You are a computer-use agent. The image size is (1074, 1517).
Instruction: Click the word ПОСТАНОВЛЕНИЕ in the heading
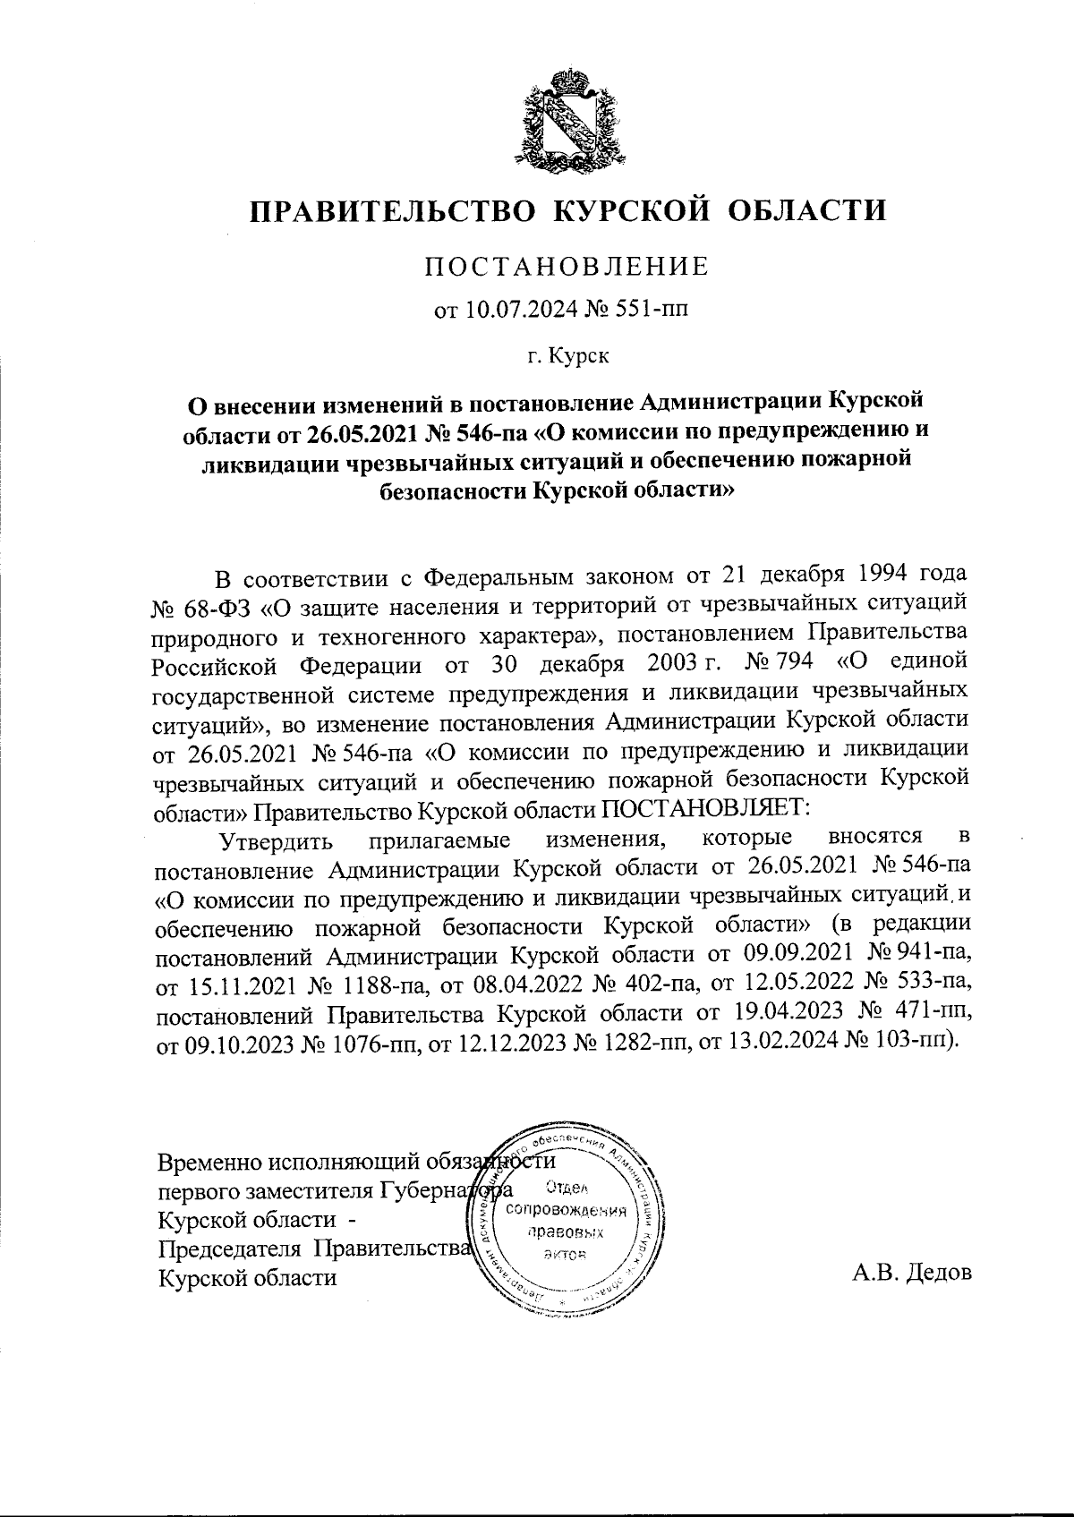(x=566, y=267)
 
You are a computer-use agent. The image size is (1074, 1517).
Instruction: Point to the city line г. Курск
(x=567, y=357)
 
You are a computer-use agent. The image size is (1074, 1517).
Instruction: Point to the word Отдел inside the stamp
(x=564, y=1189)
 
